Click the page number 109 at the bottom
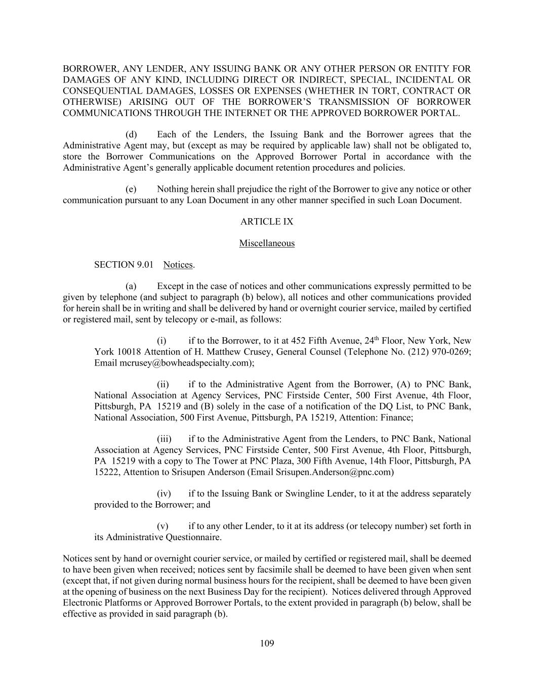point(267,643)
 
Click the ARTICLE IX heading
point(267,222)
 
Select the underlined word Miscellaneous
point(267,243)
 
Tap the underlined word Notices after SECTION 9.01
point(178,265)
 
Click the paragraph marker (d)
point(131,135)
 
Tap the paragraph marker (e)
point(131,189)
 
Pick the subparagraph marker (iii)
point(164,439)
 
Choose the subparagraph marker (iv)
point(164,494)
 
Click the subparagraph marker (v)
point(162,526)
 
